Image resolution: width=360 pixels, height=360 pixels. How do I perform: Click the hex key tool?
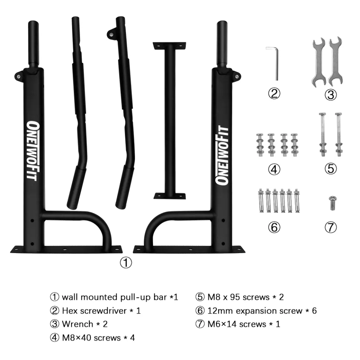tap(276, 62)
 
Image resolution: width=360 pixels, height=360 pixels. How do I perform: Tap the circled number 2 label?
tap(274, 93)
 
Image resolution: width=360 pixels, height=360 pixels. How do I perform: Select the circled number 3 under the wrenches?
tap(330, 95)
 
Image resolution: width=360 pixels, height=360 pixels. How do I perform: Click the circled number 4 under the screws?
tap(274, 169)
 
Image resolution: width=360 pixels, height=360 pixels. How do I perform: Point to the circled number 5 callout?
tap(330, 168)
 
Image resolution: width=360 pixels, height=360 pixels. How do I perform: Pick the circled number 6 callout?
tap(274, 227)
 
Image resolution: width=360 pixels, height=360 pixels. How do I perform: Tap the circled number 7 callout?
tap(330, 227)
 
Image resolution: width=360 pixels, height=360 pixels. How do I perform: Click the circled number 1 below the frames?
tap(126, 263)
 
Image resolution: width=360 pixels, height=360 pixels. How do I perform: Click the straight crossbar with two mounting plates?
tap(169, 120)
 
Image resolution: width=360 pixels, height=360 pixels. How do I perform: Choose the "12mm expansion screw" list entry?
tap(255, 310)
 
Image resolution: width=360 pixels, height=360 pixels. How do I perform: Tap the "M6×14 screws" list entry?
tap(237, 324)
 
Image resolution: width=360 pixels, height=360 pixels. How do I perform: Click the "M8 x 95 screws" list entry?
tap(238, 297)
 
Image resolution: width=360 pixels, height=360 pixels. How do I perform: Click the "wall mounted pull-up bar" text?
tap(114, 297)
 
